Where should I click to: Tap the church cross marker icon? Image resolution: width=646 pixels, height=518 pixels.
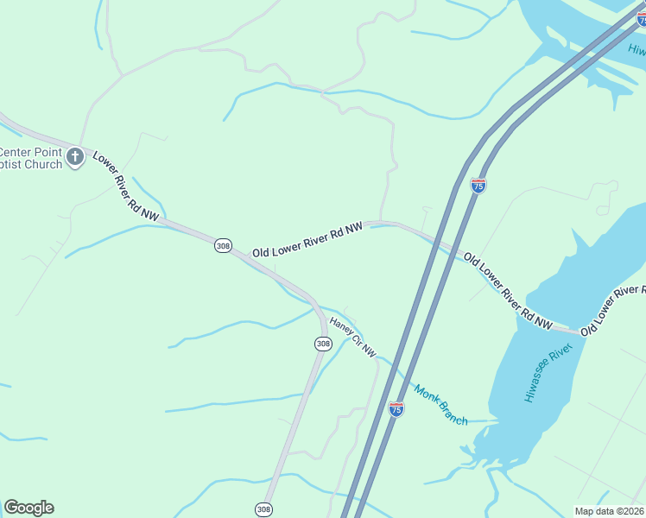pos(75,157)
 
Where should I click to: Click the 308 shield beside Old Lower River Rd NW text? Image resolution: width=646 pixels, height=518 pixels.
pos(223,246)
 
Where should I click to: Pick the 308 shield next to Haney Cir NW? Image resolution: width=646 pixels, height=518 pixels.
pos(323,344)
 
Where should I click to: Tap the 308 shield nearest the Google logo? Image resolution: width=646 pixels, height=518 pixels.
pos(264,509)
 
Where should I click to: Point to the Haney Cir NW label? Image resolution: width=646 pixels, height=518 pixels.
pos(353,338)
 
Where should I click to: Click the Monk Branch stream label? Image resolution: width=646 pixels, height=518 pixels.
pos(441,404)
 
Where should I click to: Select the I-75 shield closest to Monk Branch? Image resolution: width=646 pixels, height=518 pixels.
pos(396,409)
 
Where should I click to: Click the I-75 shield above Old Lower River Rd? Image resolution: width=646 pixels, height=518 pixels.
pos(478,185)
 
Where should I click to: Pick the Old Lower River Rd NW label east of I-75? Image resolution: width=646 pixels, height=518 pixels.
pos(507,290)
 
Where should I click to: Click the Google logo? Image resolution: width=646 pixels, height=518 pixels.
pos(28,508)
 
